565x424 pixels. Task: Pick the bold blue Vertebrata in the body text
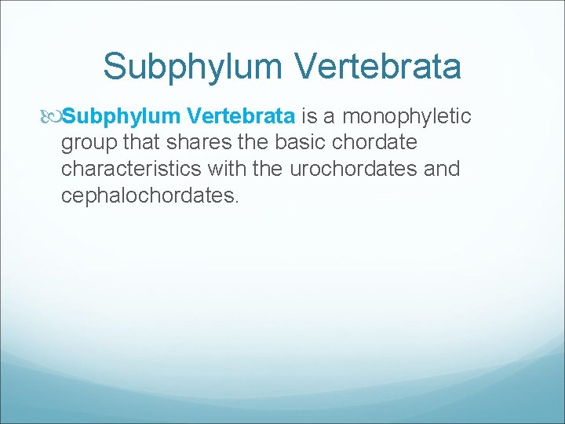(239, 117)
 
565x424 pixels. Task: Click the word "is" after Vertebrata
(312, 117)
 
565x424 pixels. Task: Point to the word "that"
(140, 143)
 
